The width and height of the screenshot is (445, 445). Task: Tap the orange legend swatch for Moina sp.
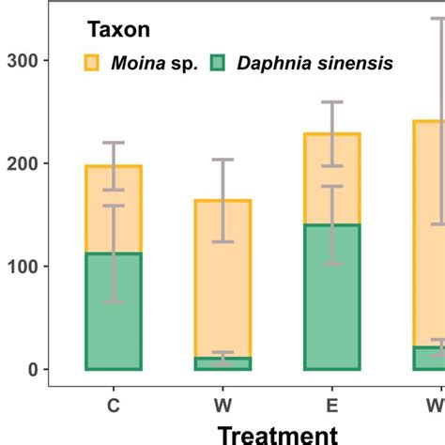(91, 63)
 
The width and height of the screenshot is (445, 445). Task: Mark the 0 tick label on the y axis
(30, 370)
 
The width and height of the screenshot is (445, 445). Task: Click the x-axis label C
(114, 405)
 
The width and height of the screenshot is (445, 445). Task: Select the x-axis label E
(332, 405)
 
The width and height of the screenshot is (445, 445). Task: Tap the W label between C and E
(222, 405)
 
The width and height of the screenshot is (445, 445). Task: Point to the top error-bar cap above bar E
(332, 101)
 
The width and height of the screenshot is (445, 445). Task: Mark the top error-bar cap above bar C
(114, 143)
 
